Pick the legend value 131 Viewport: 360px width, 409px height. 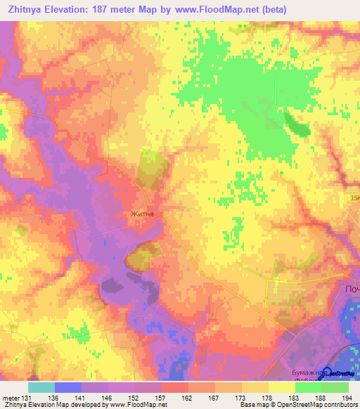pyautogui.click(x=25, y=397)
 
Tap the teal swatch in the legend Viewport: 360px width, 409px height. pyautogui.click(x=41, y=387)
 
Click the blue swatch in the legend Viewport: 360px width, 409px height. pyautogui.click(x=68, y=387)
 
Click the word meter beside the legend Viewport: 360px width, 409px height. pyautogui.click(x=9, y=397)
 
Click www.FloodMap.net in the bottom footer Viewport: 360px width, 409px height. pyautogui.click(x=140, y=405)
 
